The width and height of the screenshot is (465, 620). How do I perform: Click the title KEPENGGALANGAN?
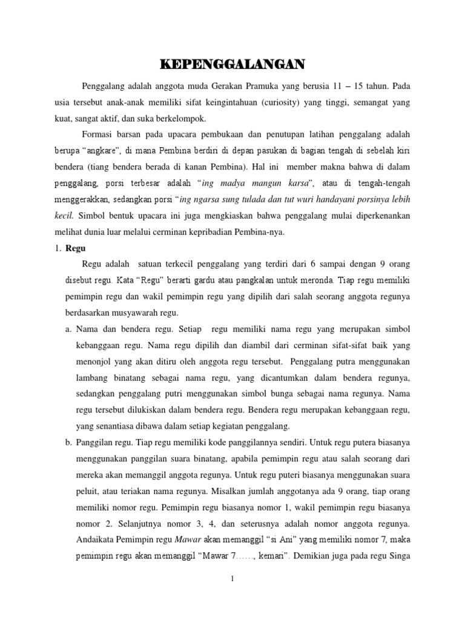point(232,65)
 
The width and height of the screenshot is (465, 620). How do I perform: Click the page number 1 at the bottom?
point(232,579)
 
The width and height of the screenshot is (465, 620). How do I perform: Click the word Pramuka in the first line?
point(276,86)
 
